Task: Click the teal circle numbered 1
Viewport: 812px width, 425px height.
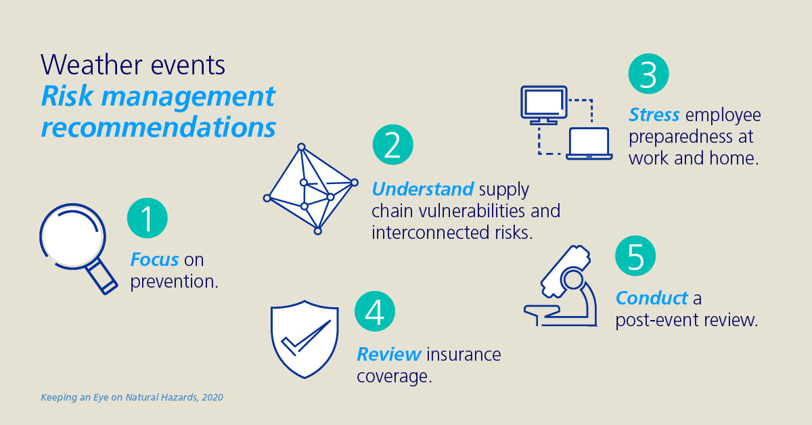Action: [x=148, y=218]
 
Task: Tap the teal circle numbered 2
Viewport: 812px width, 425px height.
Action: [x=393, y=145]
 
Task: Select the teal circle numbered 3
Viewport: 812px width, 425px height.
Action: [x=648, y=74]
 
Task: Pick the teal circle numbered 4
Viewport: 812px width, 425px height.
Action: [x=375, y=311]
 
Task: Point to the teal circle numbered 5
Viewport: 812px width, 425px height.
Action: [x=635, y=256]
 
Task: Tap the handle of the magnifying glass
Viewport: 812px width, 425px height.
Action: [x=102, y=277]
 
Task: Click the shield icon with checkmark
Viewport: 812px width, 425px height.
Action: [x=304, y=340]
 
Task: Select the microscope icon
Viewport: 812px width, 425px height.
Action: [x=561, y=286]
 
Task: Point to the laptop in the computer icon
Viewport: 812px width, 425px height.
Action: [x=589, y=143]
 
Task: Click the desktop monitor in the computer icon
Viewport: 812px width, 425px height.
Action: [x=544, y=105]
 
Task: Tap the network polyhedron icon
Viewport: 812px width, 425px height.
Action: [x=311, y=189]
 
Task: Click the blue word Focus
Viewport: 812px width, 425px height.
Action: [x=154, y=260]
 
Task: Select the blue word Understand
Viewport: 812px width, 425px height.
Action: [x=423, y=189]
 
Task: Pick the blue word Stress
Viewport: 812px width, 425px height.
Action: [x=654, y=114]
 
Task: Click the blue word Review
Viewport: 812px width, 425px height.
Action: [x=389, y=355]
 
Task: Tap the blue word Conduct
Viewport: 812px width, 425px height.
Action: [x=652, y=298]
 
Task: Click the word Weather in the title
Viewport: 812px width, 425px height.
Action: [x=92, y=65]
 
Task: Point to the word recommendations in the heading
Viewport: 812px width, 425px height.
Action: [x=158, y=127]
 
